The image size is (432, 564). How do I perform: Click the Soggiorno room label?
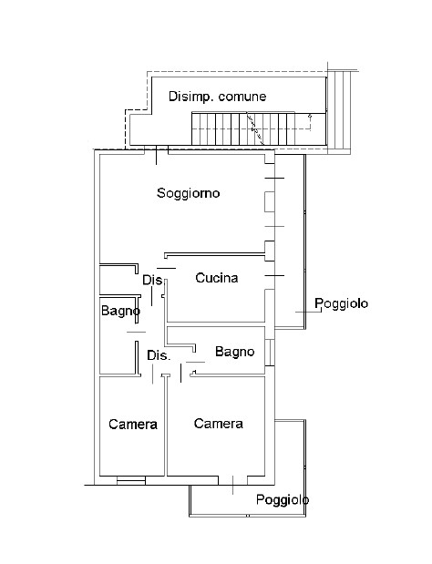[188, 193]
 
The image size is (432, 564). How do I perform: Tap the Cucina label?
[217, 278]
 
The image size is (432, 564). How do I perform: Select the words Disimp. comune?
[218, 97]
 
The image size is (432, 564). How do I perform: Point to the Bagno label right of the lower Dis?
[234, 352]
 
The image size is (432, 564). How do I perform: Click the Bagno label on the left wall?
[120, 311]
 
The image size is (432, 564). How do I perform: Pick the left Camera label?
[133, 425]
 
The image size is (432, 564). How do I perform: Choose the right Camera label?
[219, 424]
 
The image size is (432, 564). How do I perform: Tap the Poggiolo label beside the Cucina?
[342, 303]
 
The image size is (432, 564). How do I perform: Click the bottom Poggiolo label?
[283, 499]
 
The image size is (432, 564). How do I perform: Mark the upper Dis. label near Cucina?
[154, 280]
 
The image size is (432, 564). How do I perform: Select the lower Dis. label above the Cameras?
[159, 355]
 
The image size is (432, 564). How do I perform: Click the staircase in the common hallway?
[243, 128]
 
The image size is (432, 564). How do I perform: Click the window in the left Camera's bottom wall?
[131, 480]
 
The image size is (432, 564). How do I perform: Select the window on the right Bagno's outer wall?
[270, 352]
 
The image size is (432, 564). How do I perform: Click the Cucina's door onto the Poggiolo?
[274, 276]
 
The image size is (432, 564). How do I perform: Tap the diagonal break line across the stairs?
[255, 128]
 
